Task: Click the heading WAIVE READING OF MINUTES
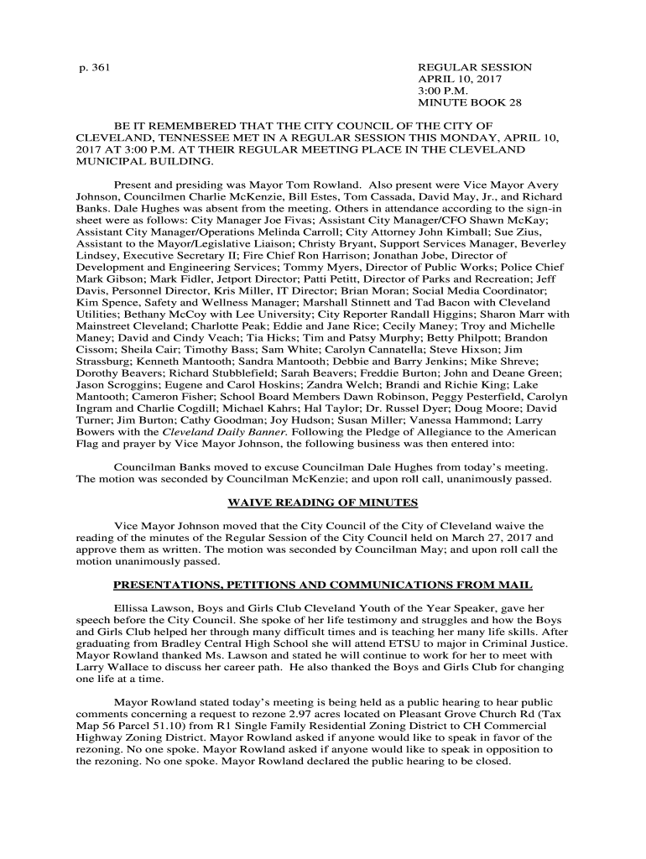[x=323, y=502]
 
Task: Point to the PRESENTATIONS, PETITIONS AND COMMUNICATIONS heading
[x=323, y=585]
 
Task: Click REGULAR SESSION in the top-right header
[x=475, y=67]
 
